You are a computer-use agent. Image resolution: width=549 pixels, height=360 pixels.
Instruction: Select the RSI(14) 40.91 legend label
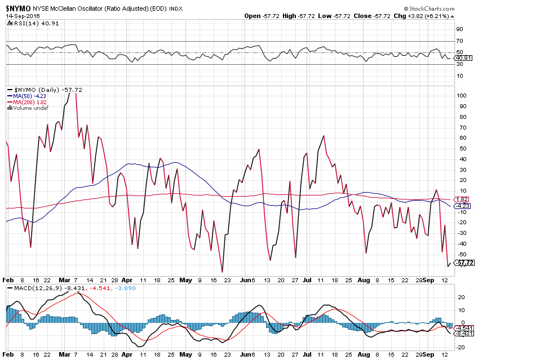pos(30,23)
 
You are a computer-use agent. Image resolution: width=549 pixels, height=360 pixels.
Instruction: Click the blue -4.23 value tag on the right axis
pos(463,206)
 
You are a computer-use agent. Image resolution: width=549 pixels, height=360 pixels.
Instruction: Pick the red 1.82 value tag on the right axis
pos(462,199)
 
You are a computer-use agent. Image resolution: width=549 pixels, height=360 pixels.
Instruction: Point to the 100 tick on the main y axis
pos(462,95)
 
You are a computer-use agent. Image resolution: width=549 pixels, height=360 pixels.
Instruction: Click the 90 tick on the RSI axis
pos(460,29)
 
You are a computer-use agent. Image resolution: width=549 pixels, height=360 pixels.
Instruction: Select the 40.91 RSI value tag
pos(463,58)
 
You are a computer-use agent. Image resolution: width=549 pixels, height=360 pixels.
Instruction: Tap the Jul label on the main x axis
pos(306,279)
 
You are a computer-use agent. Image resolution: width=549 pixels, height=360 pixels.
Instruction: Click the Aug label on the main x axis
pos(364,279)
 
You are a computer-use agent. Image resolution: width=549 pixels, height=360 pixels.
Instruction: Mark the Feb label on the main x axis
pos(8,279)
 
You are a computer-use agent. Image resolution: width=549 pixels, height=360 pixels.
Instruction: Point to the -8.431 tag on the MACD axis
pos(465,334)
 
